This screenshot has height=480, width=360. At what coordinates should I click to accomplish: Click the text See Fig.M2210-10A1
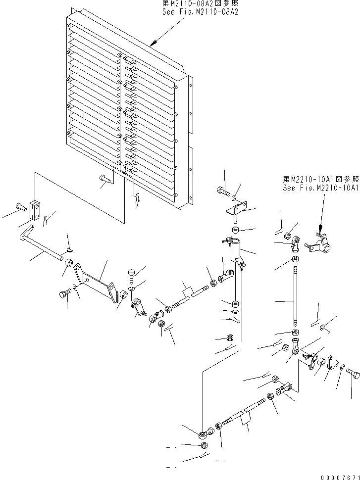pyautogui.click(x=320, y=188)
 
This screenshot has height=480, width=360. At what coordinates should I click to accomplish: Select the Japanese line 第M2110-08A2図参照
pyautogui.click(x=200, y=3)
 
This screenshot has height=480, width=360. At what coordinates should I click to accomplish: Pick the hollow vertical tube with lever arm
pyautogui.click(x=234, y=267)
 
